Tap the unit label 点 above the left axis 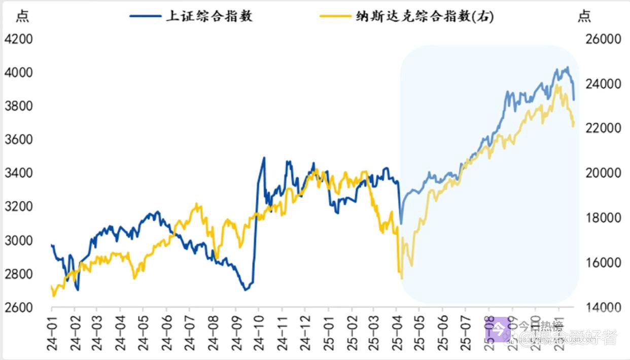[22, 16]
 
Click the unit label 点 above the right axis [584, 16]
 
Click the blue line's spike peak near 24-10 [264, 158]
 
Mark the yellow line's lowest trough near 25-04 [402, 278]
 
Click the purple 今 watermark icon [499, 330]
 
